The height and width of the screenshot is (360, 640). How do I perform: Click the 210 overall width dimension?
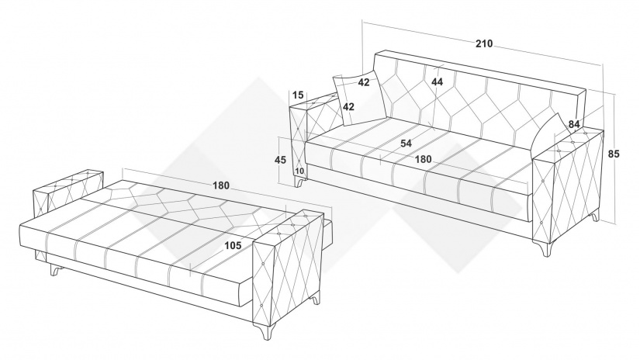point(484,43)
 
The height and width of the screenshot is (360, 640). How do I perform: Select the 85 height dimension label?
point(614,154)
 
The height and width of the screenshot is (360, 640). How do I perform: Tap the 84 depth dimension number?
point(574,124)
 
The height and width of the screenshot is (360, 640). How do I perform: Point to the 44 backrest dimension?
point(437,81)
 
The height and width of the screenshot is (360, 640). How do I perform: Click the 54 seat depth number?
point(406,144)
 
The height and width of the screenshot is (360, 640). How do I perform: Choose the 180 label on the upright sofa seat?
point(423,159)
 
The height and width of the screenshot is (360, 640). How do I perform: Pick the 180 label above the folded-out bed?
point(221,185)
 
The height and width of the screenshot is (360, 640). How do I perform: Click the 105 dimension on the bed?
point(233,245)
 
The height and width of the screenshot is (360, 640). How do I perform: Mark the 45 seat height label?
point(280,160)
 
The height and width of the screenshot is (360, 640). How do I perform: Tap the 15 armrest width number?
point(299,95)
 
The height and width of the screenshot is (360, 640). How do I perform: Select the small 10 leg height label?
point(299,171)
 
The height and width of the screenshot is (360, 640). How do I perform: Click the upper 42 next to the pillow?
point(364,82)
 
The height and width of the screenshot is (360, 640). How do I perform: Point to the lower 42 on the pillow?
point(348,107)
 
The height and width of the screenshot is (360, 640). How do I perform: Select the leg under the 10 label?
point(300,182)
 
